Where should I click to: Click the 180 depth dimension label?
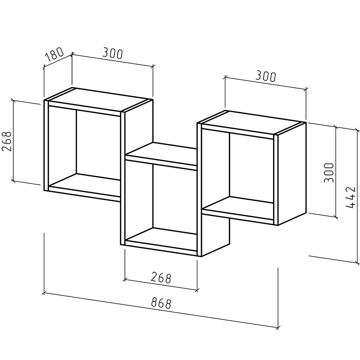pyautogui.click(x=54, y=54)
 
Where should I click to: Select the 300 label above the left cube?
pyautogui.click(x=112, y=53)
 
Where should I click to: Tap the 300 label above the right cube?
pyautogui.click(x=266, y=76)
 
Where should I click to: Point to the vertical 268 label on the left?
pyautogui.click(x=6, y=141)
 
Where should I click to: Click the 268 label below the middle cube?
pyautogui.click(x=161, y=278)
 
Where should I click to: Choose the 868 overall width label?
pyautogui.click(x=161, y=303)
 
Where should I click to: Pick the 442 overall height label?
pyautogui.click(x=350, y=197)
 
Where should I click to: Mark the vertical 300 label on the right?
pyautogui.click(x=329, y=173)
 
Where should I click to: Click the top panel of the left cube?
pyautogui.click(x=98, y=100)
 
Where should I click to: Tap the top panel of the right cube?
pyautogui.click(x=251, y=123)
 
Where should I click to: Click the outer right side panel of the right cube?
pyautogui.click(x=292, y=174)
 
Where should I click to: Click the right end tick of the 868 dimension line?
pyautogui.click(x=278, y=327)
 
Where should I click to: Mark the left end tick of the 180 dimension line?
pyautogui.click(x=44, y=67)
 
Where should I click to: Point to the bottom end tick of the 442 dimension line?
pyautogui.click(x=357, y=263)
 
